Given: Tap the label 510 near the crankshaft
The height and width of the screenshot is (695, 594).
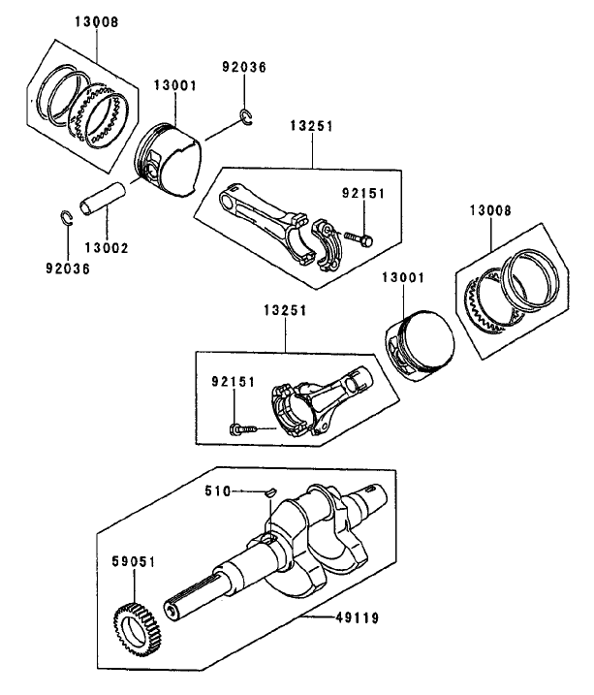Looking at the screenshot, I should click(216, 491).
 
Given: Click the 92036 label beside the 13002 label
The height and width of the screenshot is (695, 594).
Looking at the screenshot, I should click(66, 269).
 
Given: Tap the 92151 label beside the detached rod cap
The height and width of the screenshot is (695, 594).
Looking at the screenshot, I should click(364, 194).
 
